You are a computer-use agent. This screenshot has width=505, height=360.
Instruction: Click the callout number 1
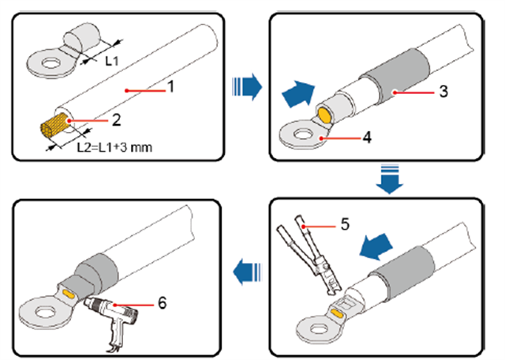pos(171,88)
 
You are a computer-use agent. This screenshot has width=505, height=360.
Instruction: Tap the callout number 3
pos(444,91)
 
